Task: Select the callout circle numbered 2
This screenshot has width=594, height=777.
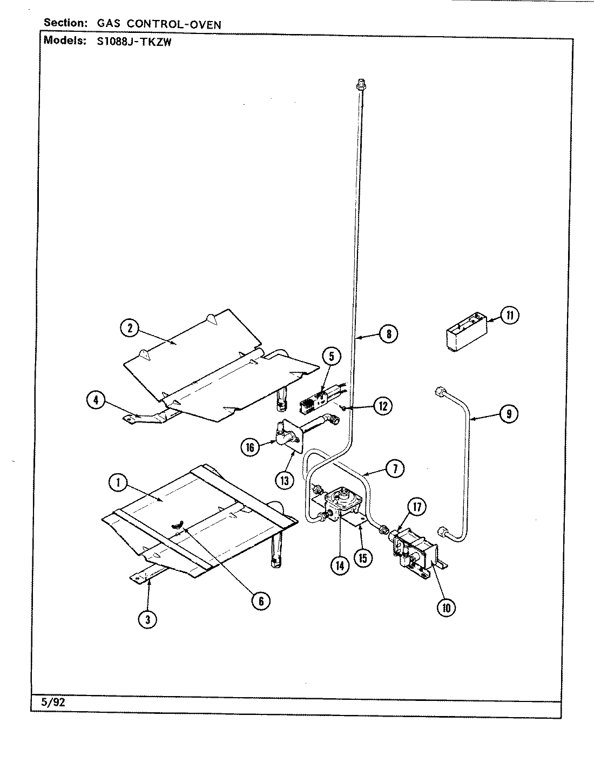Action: pyautogui.click(x=130, y=328)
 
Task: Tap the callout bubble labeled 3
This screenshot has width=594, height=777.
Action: pyautogui.click(x=147, y=620)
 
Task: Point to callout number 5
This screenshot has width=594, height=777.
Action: pyautogui.click(x=332, y=357)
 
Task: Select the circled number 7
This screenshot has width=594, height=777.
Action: pyautogui.click(x=395, y=469)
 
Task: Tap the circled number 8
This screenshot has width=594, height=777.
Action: pyautogui.click(x=388, y=334)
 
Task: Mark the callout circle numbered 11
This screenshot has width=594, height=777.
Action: pyautogui.click(x=509, y=315)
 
